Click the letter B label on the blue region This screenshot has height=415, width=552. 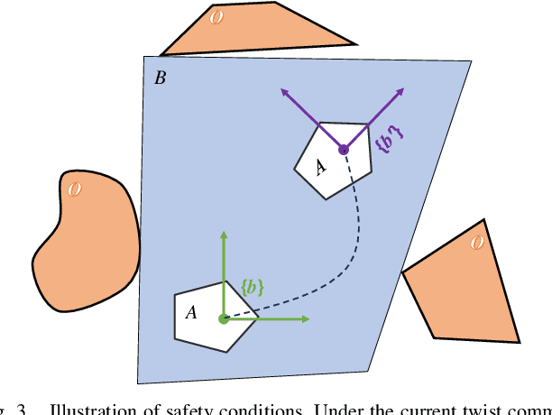[x=160, y=78]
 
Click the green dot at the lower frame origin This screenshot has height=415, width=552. [x=224, y=318]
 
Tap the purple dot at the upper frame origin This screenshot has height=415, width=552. [x=343, y=150]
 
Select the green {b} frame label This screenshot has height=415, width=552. [x=253, y=287]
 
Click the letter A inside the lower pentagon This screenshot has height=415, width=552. [x=191, y=312]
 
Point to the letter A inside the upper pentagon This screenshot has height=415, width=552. [x=319, y=166]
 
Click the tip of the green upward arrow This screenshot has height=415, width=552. [x=224, y=233]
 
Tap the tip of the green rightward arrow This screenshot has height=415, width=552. [x=309, y=318]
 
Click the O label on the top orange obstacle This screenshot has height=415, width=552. [x=216, y=17]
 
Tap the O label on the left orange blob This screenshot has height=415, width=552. [x=75, y=189]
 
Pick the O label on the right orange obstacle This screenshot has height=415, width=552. [x=477, y=242]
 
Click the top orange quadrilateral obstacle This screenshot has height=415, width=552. [x=271, y=32]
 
